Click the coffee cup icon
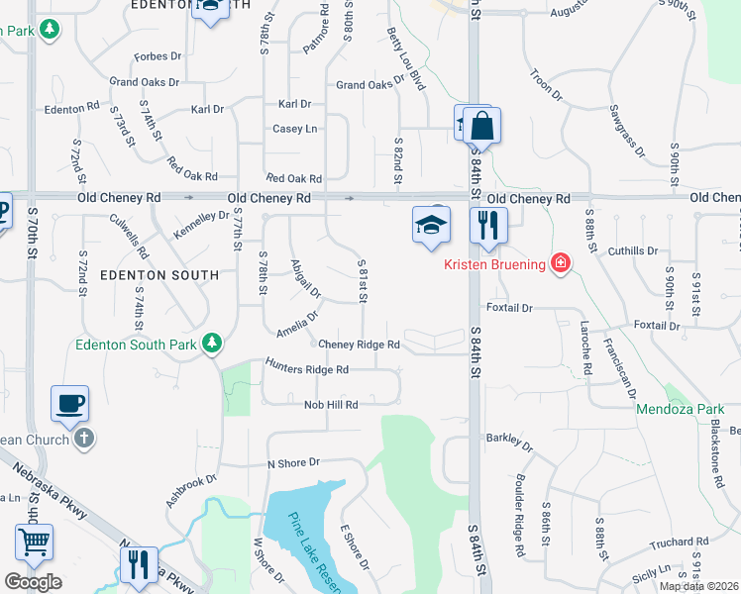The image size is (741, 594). pyautogui.click(x=69, y=404)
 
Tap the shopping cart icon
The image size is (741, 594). pyautogui.click(x=34, y=543)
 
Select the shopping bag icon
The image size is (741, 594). pyautogui.click(x=481, y=127)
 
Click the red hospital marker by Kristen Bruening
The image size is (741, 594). pyautogui.click(x=561, y=262)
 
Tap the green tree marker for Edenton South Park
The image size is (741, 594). pyautogui.click(x=211, y=343)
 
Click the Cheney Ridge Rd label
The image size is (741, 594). pyautogui.click(x=359, y=345)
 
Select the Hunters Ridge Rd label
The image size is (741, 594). pyautogui.click(x=307, y=369)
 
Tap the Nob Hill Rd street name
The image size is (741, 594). pyautogui.click(x=331, y=405)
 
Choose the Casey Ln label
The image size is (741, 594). pyautogui.click(x=295, y=129)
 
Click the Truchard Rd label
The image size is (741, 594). pyautogui.click(x=680, y=544)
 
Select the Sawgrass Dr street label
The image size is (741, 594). pyautogui.click(x=627, y=131)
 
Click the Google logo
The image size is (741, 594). pyautogui.click(x=34, y=582)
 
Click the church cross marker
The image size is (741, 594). pyautogui.click(x=84, y=438)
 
